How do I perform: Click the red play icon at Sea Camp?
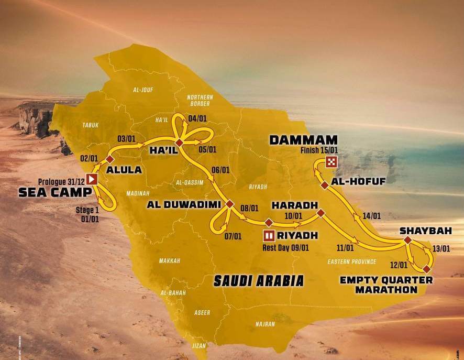point(92,179)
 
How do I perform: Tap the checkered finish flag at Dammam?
point(331,161)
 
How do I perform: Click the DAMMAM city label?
point(303,140)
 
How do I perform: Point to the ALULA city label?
point(124,169)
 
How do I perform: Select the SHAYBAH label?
point(425,230)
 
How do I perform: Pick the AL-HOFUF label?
point(352,181)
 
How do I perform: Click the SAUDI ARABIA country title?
point(258,280)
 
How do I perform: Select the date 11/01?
point(346,248)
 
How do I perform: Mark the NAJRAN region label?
point(266,324)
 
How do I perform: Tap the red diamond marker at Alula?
point(109,159)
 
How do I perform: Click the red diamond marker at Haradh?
point(321,213)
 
